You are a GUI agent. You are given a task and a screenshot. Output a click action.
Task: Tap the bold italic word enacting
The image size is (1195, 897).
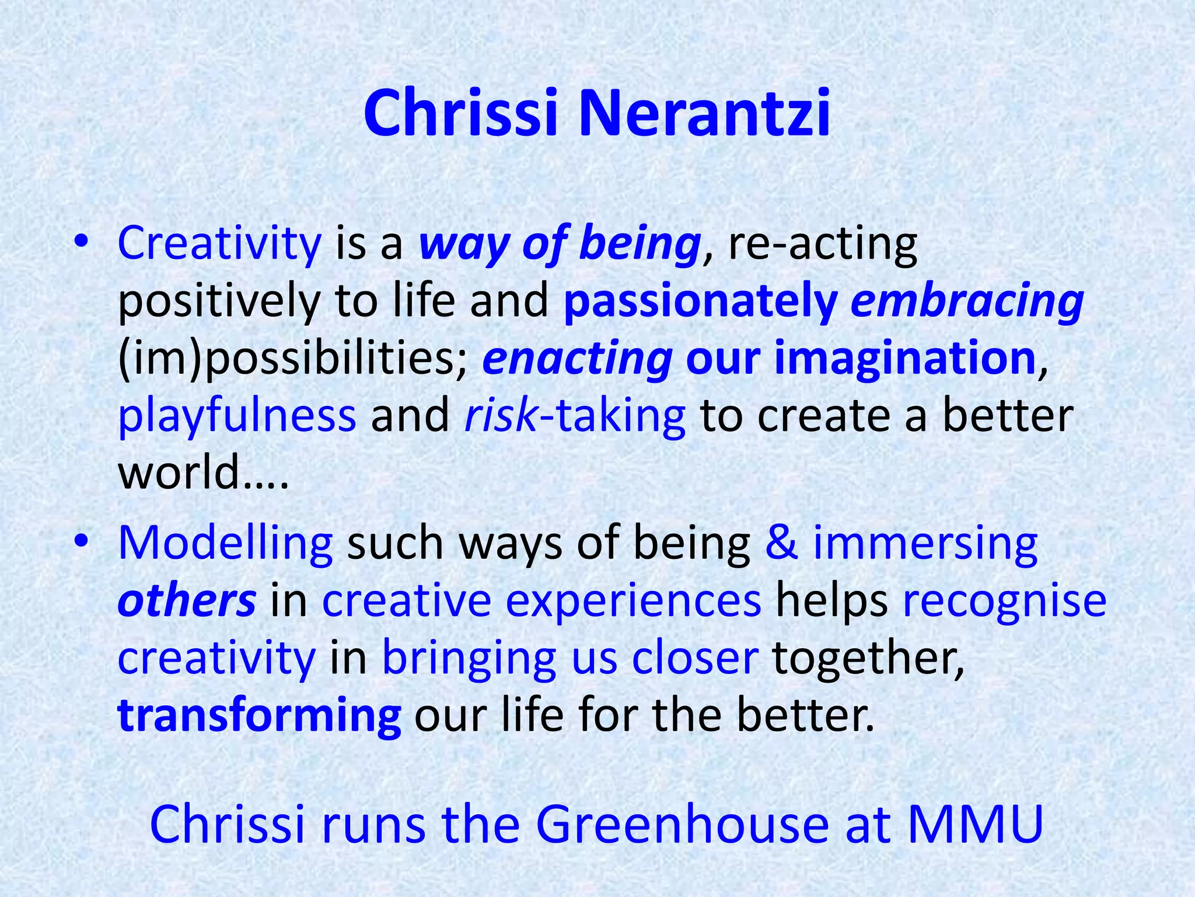[577, 359]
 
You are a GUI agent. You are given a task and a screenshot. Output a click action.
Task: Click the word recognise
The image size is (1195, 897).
[1004, 602]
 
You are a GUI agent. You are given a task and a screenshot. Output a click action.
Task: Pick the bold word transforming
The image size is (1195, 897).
[259, 716]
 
